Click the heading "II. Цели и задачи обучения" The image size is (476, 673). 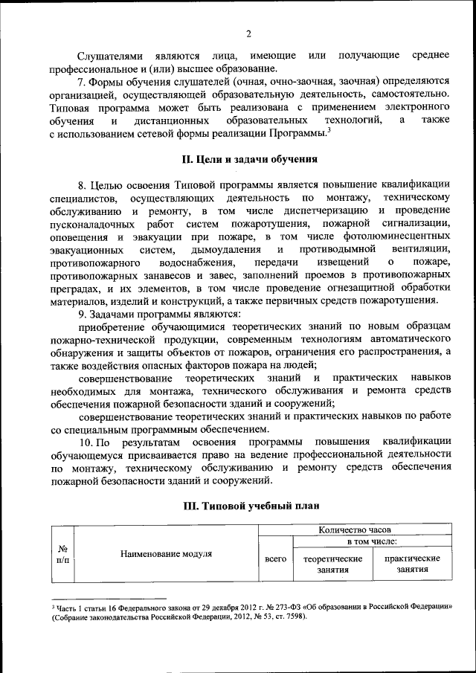coord(251,158)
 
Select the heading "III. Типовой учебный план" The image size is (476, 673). coord(251,506)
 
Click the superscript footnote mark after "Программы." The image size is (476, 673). coord(328,130)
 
